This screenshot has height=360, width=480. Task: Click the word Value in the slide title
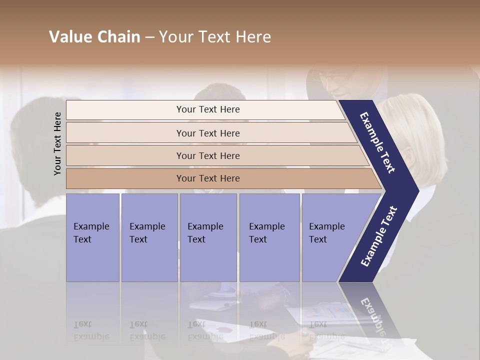(69, 37)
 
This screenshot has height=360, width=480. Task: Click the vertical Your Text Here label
(57, 143)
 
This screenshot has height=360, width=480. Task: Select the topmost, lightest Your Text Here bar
(208, 109)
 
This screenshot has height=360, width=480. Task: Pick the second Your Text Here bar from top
(208, 133)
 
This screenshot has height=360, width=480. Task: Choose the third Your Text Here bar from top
(208, 155)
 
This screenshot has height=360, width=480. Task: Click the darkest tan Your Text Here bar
(208, 178)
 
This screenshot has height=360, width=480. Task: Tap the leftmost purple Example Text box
(92, 237)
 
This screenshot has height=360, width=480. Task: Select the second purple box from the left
(149, 237)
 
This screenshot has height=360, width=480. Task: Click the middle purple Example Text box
(208, 237)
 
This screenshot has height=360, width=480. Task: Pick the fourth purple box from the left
(269, 237)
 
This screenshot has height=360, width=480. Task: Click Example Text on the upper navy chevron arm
(378, 142)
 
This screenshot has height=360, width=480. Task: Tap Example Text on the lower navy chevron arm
(379, 236)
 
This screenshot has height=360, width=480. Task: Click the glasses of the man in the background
(334, 78)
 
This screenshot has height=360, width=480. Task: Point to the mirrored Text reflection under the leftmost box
(83, 324)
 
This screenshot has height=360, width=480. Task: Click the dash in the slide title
(149, 37)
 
